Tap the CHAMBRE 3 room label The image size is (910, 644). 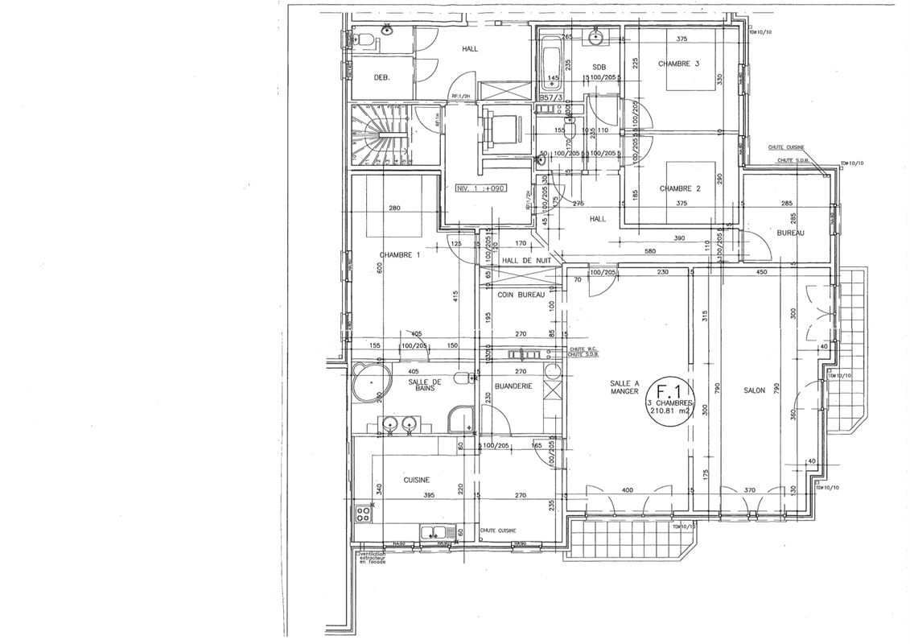click(679, 64)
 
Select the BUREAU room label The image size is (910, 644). click(790, 233)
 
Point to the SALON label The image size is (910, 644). click(754, 390)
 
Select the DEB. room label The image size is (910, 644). click(382, 77)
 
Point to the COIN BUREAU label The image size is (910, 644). click(521, 295)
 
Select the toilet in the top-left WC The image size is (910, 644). click(363, 40)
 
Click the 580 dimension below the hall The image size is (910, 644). click(649, 251)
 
